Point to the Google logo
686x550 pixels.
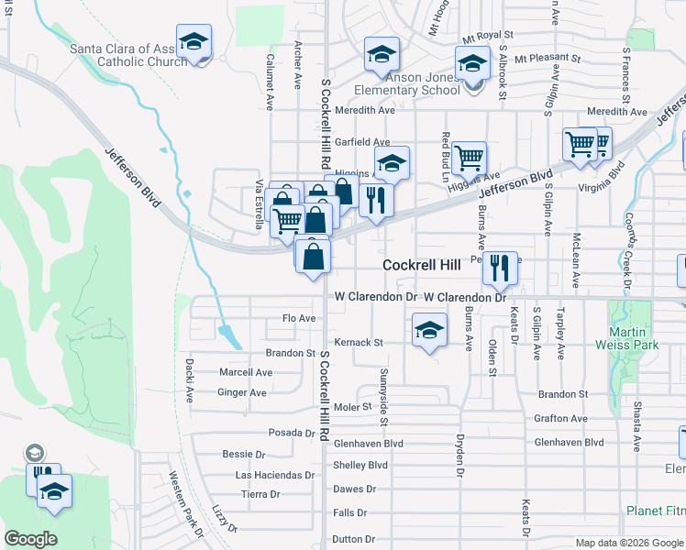click(x=30, y=539)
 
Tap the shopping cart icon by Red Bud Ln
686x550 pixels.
click(x=469, y=159)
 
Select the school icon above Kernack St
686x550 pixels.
click(x=429, y=330)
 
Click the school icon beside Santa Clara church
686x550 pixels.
click(x=194, y=41)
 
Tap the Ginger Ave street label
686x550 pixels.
click(x=241, y=392)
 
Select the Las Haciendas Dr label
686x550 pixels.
click(x=275, y=476)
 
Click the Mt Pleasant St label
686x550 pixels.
click(x=548, y=59)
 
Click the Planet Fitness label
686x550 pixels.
click(x=656, y=511)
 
